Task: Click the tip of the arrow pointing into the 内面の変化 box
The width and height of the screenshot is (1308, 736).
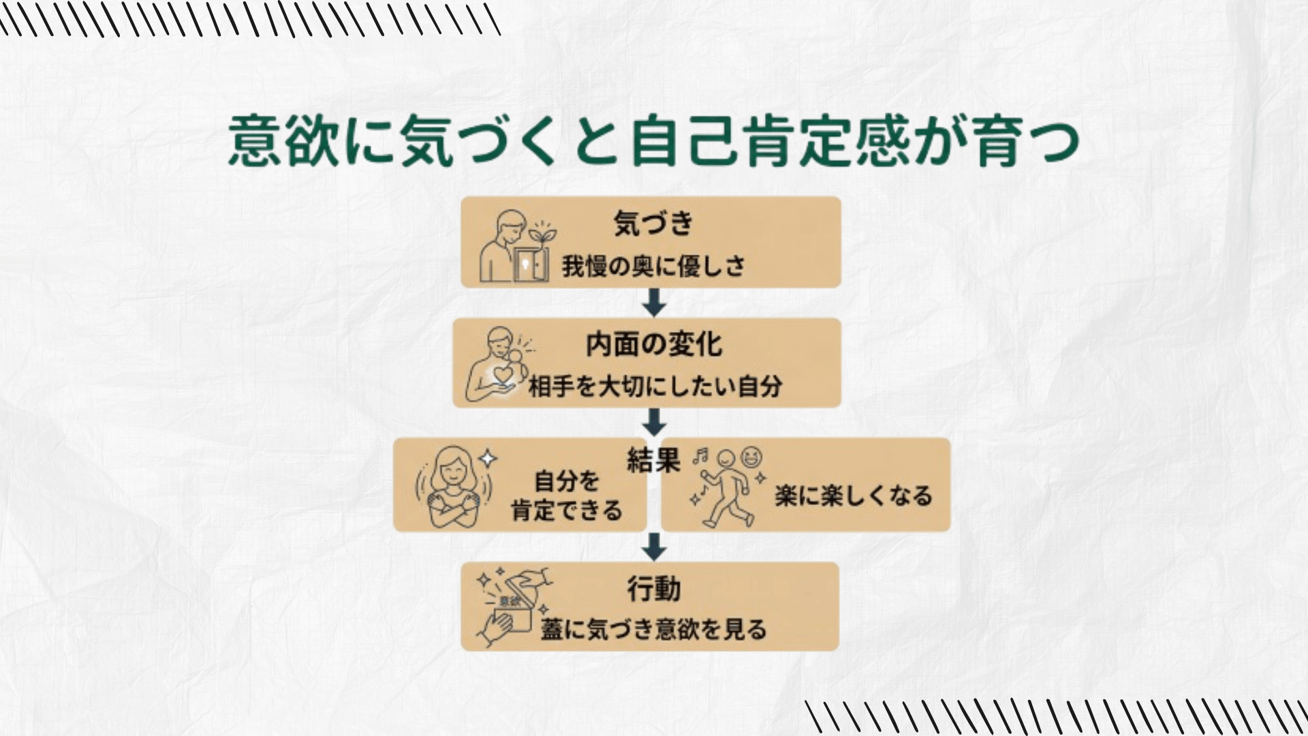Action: pyautogui.click(x=654, y=316)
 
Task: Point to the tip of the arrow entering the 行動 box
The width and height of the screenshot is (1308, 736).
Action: pyautogui.click(x=654, y=560)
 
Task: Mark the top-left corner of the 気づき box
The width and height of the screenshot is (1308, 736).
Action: pyautogui.click(x=462, y=198)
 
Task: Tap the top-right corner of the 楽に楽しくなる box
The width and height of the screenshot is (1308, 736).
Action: pyautogui.click(x=950, y=439)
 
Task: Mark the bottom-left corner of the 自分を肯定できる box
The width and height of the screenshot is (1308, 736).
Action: pyautogui.click(x=394, y=531)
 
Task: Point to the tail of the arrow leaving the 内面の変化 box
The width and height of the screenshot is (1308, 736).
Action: pyautogui.click(x=654, y=409)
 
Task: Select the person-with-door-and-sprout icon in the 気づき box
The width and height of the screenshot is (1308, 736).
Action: pyautogui.click(x=518, y=246)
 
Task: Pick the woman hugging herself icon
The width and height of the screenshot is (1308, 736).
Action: pyautogui.click(x=453, y=486)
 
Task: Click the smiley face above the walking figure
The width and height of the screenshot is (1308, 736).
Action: pyautogui.click(x=752, y=457)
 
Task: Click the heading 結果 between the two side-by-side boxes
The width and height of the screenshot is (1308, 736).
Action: pyautogui.click(x=653, y=461)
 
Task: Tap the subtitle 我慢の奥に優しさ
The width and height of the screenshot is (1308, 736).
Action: pyautogui.click(x=653, y=266)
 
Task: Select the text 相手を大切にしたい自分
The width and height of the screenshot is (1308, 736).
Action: pyautogui.click(x=655, y=386)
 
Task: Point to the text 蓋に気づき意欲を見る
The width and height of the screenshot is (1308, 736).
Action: pyautogui.click(x=653, y=629)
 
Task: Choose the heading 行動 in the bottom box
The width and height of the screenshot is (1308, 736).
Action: pyautogui.click(x=654, y=589)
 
